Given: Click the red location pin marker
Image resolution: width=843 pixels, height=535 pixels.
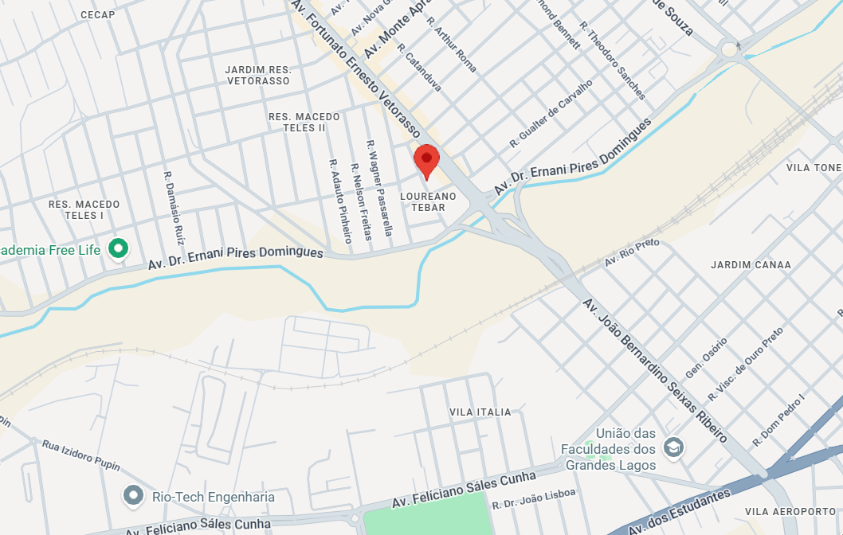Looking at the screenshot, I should coord(426,161).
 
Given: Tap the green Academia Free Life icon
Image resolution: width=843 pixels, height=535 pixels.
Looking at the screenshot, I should coord(119,249).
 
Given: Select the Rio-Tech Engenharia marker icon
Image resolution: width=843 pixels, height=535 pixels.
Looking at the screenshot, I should coord(133,497).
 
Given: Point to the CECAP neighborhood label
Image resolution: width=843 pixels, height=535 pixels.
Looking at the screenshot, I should coord(98,15).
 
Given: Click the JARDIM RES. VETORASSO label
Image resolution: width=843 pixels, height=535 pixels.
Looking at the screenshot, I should coord(258,76).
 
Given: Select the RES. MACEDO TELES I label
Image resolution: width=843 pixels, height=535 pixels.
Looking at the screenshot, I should coord(84,210).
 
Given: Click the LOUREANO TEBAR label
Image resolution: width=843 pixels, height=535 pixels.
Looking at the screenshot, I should coord(429,201).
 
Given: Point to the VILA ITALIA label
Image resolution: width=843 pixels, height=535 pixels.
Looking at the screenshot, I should coord(480,412).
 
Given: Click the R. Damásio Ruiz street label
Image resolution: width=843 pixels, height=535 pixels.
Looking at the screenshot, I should coord(174,208).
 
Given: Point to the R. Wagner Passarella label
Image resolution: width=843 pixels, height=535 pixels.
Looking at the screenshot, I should coord(380,188).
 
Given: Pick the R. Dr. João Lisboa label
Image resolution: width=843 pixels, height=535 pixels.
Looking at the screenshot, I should coord(533,499).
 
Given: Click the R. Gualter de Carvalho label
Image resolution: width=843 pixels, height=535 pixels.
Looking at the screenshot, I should coord(551,114).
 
